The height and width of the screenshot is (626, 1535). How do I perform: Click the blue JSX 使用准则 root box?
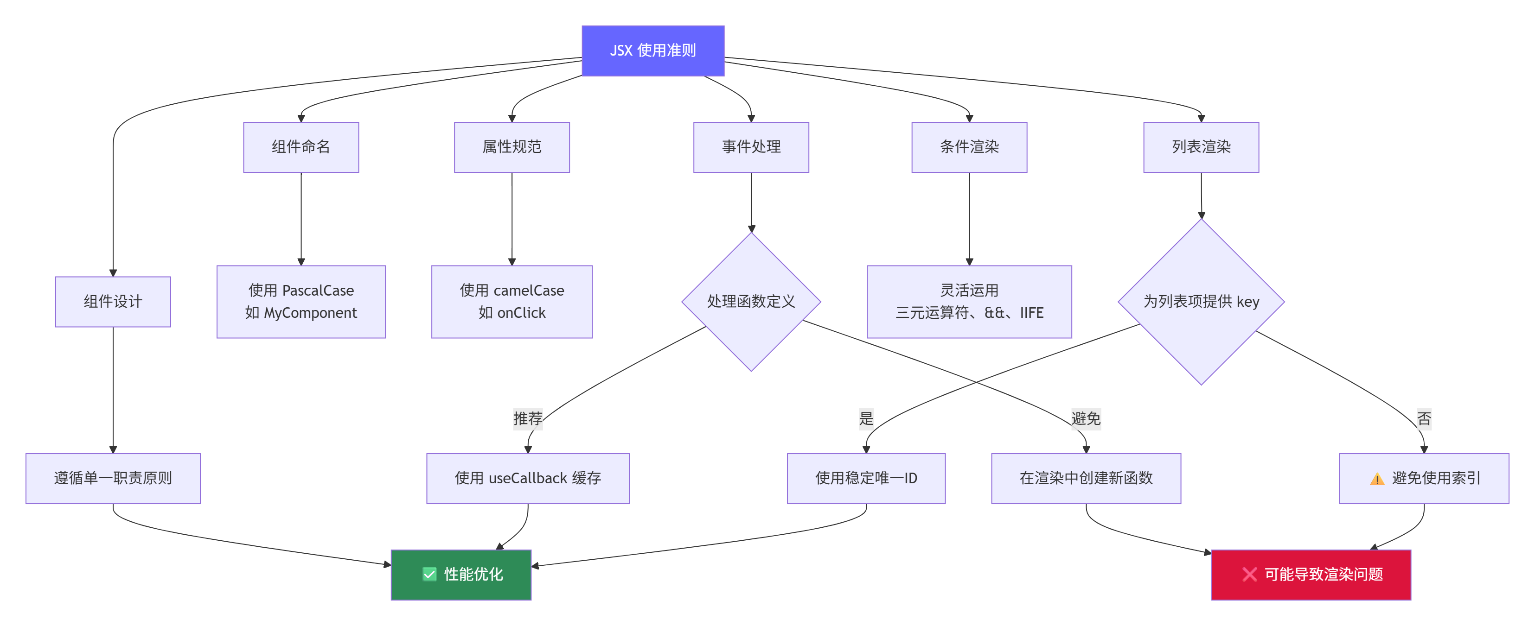click(x=652, y=51)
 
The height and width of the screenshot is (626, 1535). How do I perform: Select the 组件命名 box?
click(x=301, y=147)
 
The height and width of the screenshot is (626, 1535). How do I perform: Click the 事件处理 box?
click(x=751, y=147)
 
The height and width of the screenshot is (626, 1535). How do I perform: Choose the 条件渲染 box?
click(x=969, y=147)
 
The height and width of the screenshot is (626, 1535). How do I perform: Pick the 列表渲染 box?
click(x=1201, y=147)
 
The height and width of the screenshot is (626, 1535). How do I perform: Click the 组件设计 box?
click(x=113, y=301)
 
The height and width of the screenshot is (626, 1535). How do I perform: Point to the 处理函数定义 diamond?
click(x=751, y=301)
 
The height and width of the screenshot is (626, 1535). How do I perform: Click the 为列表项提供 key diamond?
click(x=1201, y=301)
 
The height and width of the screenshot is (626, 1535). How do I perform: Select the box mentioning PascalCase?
click(x=301, y=301)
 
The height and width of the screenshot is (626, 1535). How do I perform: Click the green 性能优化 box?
click(x=460, y=574)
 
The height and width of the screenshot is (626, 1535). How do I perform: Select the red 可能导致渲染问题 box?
click(x=1311, y=574)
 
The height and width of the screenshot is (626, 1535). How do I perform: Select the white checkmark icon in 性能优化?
click(x=429, y=574)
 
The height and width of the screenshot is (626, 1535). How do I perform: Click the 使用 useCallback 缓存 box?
click(x=527, y=478)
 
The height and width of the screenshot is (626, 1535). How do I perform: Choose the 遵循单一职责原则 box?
click(x=113, y=478)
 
